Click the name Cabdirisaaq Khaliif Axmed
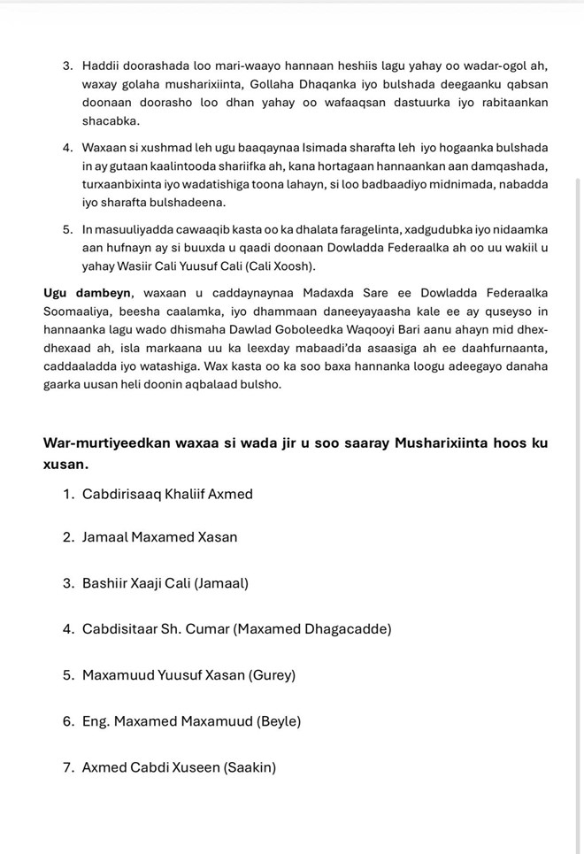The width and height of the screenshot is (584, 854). pos(167,494)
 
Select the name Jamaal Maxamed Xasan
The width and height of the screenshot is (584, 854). pos(159,536)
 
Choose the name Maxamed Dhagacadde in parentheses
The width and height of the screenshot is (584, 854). pos(312,629)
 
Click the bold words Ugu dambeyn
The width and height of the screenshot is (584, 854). pos(87,294)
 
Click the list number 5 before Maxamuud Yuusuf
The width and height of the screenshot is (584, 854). pos(68,675)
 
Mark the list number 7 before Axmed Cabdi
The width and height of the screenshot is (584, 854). pos(68,767)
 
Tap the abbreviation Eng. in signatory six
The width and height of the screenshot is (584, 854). pos(98,721)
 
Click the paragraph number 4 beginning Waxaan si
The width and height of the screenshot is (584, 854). pos(68,147)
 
